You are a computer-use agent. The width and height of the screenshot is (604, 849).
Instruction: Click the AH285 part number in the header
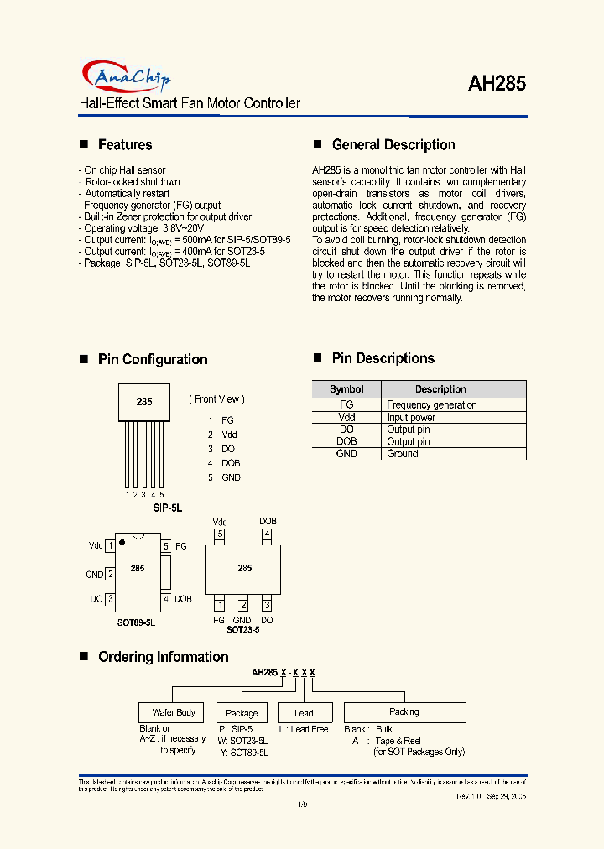[497, 84]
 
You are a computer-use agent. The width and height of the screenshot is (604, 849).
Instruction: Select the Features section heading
[125, 144]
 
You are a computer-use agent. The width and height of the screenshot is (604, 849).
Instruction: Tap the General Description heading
[393, 144]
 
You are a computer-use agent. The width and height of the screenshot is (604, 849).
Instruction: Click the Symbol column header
[346, 389]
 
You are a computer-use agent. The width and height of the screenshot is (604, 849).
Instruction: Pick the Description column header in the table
[440, 389]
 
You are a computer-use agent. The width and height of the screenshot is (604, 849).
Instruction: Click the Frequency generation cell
[431, 404]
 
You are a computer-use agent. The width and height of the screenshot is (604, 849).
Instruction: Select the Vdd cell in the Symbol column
[346, 417]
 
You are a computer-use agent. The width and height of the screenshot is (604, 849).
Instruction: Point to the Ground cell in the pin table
[403, 454]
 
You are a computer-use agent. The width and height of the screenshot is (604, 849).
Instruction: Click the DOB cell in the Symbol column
[346, 441]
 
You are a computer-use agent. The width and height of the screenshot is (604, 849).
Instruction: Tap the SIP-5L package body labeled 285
[144, 402]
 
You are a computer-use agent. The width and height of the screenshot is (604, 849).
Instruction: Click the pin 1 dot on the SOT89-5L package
[122, 543]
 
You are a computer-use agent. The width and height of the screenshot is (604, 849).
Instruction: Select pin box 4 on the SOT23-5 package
[267, 534]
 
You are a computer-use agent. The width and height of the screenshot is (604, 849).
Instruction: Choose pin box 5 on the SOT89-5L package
[166, 546]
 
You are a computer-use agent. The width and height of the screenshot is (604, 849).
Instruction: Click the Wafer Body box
[174, 713]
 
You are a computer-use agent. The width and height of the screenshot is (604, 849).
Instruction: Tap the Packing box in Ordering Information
[404, 712]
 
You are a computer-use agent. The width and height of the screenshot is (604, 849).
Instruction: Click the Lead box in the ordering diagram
[304, 713]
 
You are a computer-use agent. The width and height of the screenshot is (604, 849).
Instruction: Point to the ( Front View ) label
[216, 399]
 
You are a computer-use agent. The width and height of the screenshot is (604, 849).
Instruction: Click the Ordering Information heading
[163, 657]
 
